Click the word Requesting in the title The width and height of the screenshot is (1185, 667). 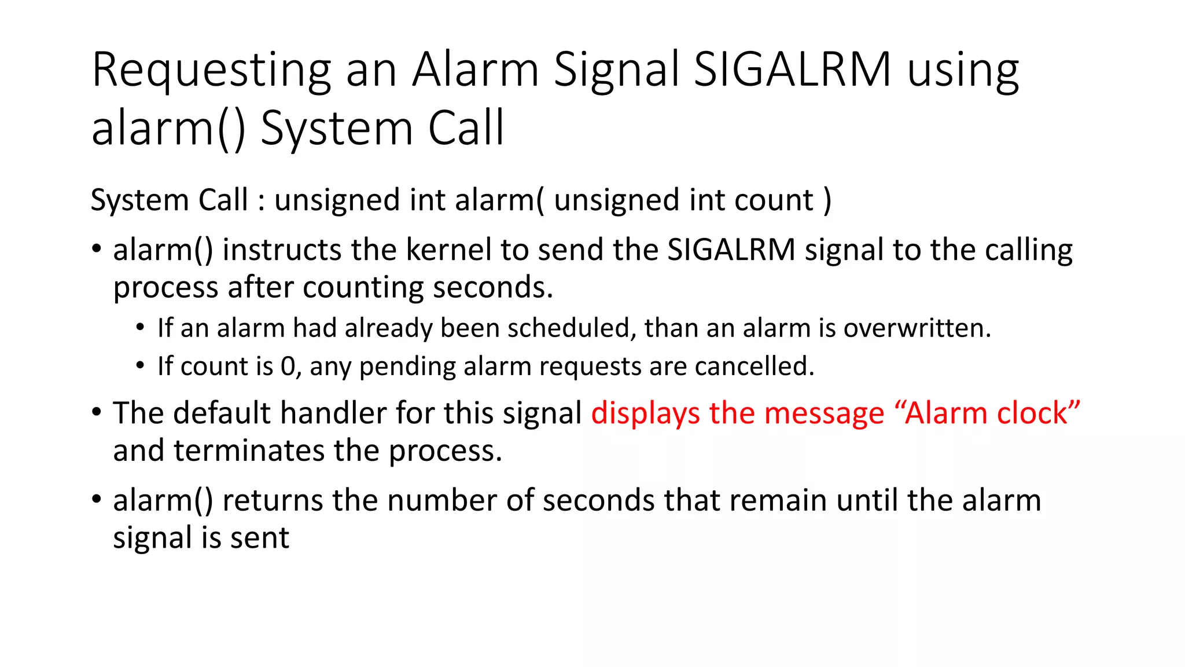(211, 71)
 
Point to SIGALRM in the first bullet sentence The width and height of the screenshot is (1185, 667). (731, 250)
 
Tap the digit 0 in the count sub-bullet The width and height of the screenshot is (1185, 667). (288, 367)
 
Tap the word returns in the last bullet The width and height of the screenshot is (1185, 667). (272, 500)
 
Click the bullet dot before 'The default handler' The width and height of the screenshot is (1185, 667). (97, 413)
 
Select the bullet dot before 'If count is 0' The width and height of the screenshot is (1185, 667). (140, 366)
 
